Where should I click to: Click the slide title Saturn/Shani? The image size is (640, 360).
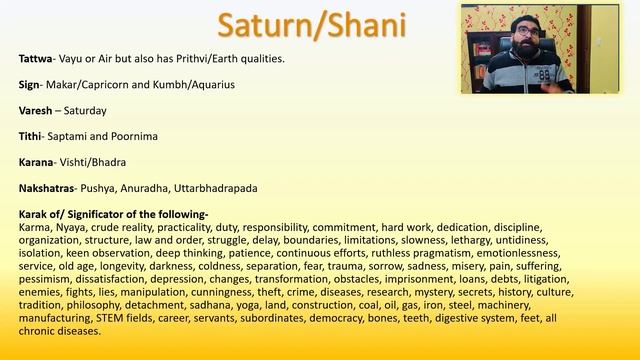click(x=320, y=25)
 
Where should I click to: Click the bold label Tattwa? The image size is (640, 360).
click(x=38, y=59)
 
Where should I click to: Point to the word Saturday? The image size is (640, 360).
click(x=84, y=110)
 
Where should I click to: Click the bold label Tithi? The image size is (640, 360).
click(x=32, y=135)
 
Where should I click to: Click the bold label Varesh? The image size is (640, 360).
click(x=37, y=110)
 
